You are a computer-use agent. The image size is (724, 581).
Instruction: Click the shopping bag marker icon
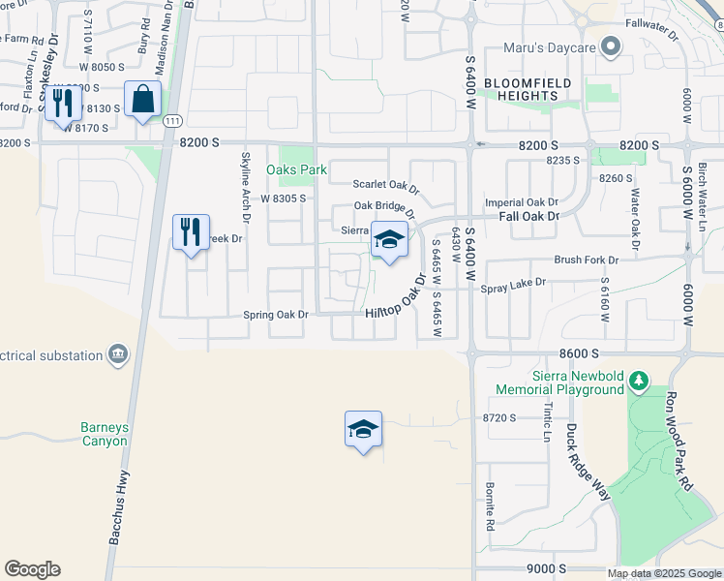143,99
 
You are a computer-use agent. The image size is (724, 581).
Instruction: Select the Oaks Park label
297,169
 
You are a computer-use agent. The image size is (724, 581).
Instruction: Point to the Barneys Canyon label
105,434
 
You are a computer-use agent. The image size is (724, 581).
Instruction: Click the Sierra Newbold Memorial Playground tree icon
638,381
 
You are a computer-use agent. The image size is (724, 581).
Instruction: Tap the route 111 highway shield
172,120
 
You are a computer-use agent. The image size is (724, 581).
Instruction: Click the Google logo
32,569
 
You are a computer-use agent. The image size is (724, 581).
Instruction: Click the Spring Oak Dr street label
275,315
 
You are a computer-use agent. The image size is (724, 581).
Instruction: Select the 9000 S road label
547,569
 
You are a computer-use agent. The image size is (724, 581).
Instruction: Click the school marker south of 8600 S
363,429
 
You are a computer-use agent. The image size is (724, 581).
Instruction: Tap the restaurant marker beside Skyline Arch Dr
191,232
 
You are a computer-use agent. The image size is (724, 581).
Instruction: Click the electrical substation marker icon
119,354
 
